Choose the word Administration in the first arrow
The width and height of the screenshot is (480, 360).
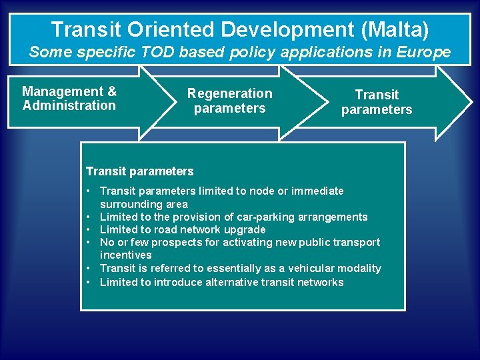pos(69,105)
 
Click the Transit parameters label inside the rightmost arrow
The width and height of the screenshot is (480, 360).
pos(377,102)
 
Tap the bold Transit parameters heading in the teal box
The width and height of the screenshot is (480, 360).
pos(140,171)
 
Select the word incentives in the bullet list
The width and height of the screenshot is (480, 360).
pos(125,255)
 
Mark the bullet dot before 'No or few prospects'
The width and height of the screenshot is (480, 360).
pos(89,242)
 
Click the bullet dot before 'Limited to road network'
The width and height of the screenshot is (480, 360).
pos(89,229)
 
